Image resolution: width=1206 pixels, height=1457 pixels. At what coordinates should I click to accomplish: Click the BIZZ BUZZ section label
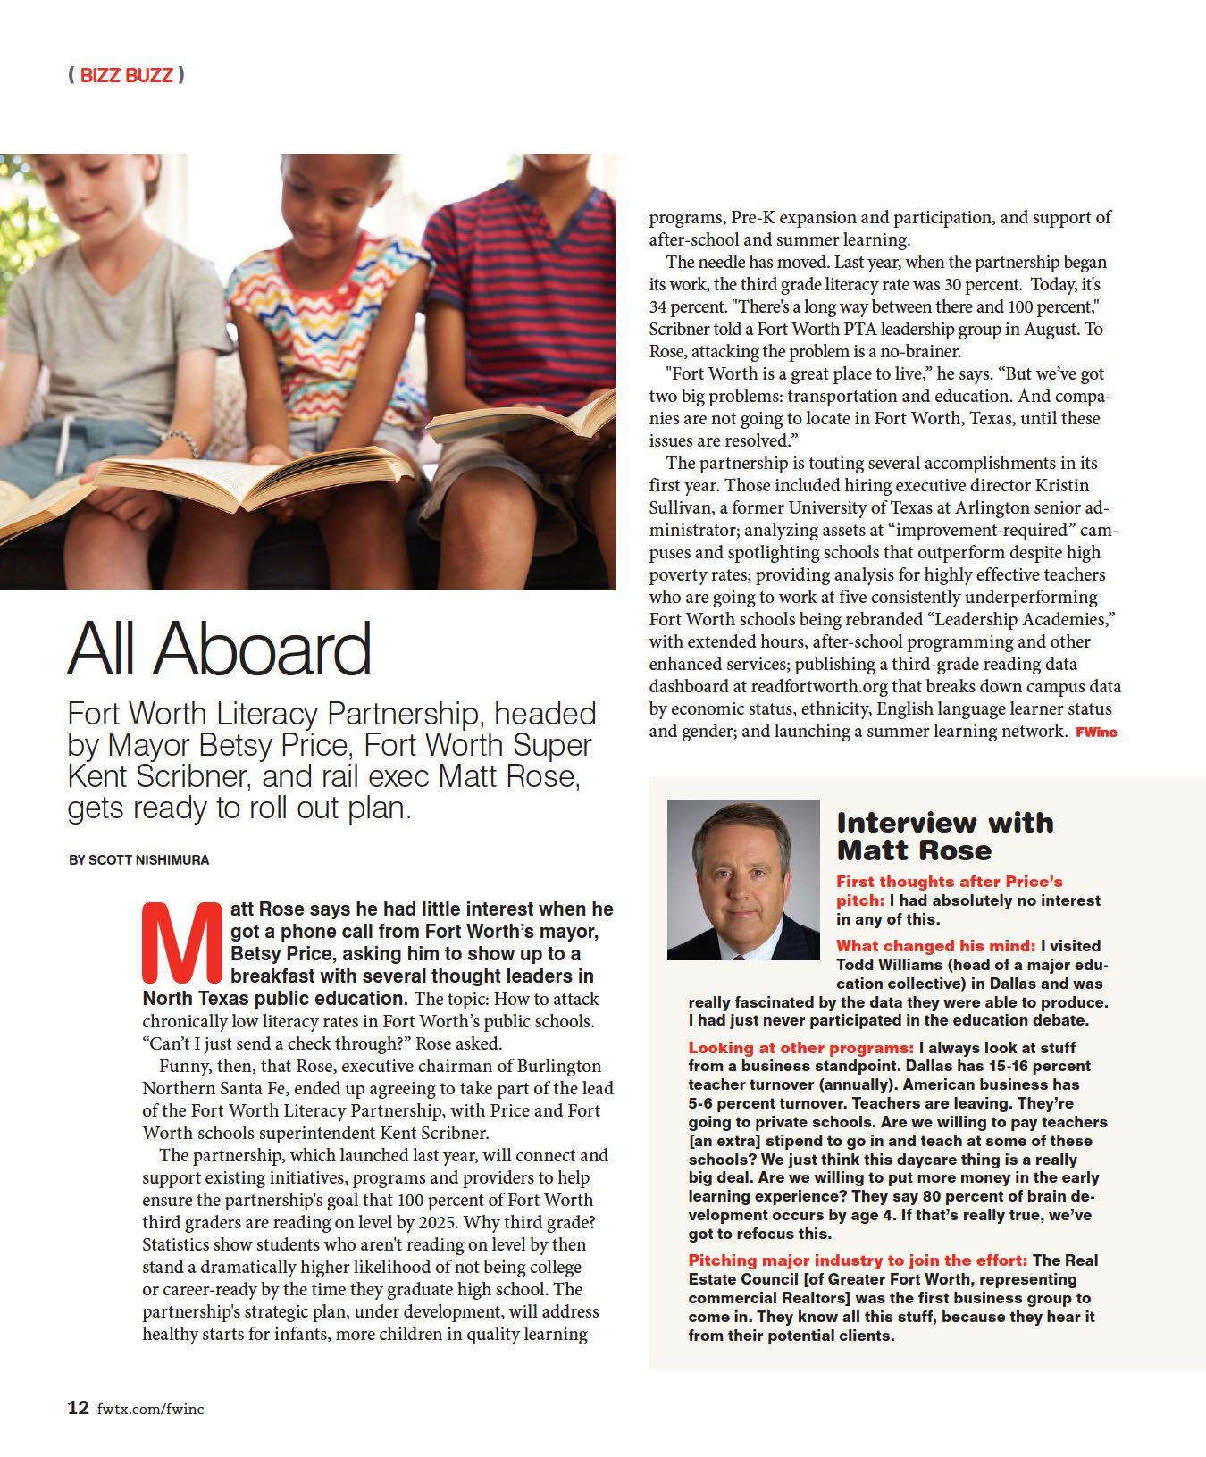(126, 75)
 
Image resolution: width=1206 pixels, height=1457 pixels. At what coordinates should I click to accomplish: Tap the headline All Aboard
(220, 649)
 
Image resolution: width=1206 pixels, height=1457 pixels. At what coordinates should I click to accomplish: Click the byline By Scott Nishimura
(139, 860)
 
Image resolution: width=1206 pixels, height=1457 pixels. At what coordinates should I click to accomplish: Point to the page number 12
(79, 1408)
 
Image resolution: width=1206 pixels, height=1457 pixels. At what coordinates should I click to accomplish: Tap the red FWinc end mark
(1096, 733)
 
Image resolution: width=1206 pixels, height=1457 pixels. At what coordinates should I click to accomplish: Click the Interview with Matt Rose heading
(944, 835)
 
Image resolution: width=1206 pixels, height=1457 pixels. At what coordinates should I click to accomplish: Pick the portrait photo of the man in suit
(743, 878)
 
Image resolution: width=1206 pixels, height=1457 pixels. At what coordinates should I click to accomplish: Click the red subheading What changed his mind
(935, 946)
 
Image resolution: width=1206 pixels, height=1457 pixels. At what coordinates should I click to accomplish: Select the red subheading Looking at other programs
(800, 1048)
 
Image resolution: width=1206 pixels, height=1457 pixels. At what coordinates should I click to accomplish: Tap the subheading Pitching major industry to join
(858, 1260)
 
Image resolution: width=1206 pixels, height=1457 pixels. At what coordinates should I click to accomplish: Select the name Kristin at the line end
(1061, 486)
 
